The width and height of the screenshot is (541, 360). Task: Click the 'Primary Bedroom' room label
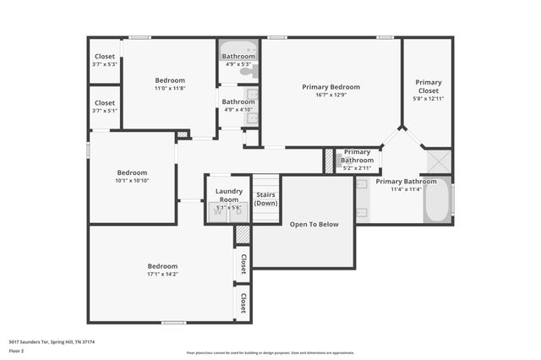click(331, 87)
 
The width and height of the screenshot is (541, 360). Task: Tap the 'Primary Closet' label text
click(428, 86)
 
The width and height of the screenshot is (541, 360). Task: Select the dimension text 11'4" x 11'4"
click(406, 189)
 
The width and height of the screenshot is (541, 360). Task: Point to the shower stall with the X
click(438, 161)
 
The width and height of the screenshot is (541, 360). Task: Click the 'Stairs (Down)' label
click(266, 199)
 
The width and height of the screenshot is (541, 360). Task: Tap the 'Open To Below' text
click(314, 224)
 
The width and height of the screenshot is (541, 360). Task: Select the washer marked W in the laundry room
click(217, 212)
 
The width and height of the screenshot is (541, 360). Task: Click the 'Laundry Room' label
click(228, 194)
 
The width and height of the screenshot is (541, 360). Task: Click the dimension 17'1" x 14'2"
click(162, 274)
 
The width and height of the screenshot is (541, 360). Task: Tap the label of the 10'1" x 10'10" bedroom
click(132, 172)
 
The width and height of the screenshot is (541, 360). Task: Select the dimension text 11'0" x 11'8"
click(169, 88)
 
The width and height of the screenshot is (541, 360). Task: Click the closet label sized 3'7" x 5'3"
click(105, 57)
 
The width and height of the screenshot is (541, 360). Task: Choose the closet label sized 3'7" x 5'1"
click(105, 102)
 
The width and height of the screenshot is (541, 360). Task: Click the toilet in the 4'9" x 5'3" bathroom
click(246, 73)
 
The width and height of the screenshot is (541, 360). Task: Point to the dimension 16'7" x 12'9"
click(331, 95)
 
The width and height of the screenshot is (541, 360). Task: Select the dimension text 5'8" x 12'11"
click(428, 99)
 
